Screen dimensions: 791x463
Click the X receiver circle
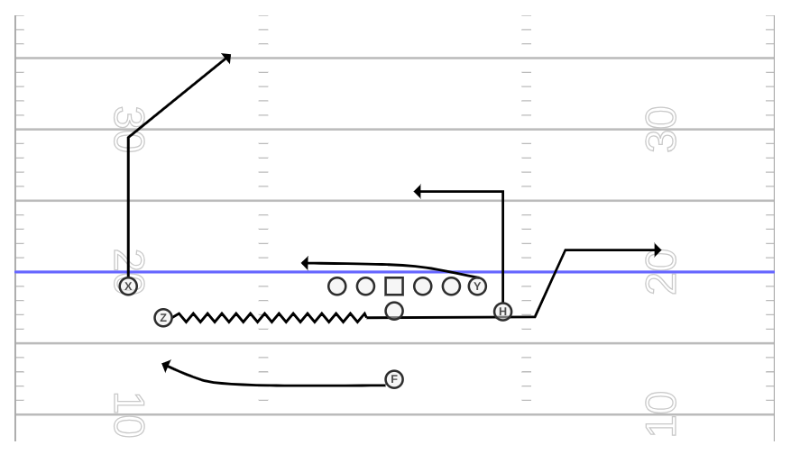(128, 286)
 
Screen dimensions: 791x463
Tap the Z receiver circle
(163, 318)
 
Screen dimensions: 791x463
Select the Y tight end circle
(477, 286)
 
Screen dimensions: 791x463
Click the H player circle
(502, 312)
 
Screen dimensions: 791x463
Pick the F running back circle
(394, 379)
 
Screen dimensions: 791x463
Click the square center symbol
(394, 286)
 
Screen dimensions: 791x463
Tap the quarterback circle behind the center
(394, 311)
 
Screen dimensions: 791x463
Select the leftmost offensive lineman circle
(337, 286)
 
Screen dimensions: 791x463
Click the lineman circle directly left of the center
(366, 286)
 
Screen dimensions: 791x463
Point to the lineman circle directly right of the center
(423, 286)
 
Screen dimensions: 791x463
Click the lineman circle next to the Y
(451, 286)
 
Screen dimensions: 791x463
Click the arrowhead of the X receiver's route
(227, 58)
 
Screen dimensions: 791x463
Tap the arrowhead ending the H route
(418, 192)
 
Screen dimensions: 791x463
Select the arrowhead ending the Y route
(305, 263)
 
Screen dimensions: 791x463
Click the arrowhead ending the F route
(166, 366)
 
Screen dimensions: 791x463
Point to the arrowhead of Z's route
(658, 250)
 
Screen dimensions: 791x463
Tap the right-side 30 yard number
(661, 129)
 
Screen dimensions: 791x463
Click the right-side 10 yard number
(661, 414)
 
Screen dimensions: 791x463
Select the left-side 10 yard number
(129, 415)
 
